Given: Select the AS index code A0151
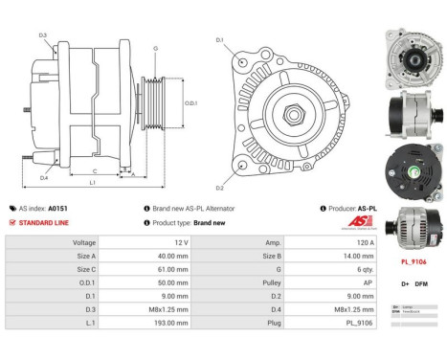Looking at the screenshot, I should [58, 208].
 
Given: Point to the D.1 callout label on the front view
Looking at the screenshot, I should [219, 39].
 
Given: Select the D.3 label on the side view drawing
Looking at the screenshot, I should [43, 35].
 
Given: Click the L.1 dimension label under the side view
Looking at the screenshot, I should [92, 182].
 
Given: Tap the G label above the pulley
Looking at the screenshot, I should [155, 47].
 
